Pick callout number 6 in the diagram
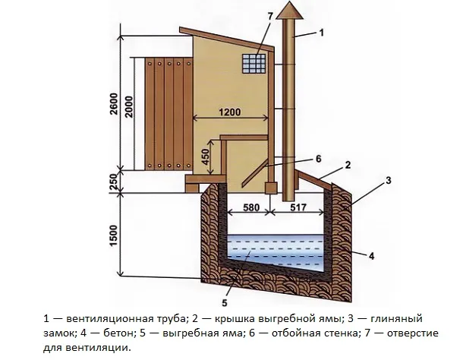(319, 158)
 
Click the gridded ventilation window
(256, 62)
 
